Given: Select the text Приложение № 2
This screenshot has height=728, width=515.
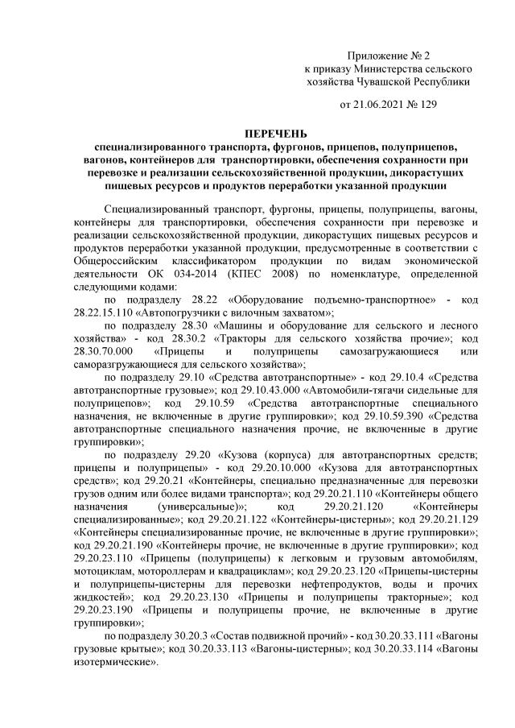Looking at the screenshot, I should (389, 55).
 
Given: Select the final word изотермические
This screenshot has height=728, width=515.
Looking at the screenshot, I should (113, 662).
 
